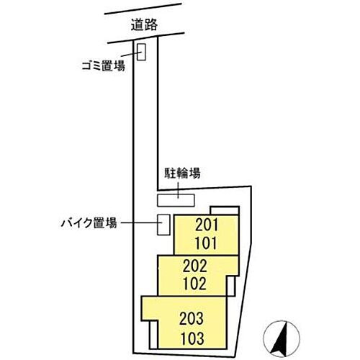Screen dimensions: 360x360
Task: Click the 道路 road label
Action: point(144,24)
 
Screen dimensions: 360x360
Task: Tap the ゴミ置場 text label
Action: point(104,66)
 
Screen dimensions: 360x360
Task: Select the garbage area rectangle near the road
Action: point(141,52)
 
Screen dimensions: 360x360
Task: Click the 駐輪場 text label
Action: point(182,173)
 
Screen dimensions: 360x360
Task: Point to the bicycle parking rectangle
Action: point(176,200)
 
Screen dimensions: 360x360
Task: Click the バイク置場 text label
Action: point(89,223)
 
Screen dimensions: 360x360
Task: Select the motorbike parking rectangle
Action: point(163,225)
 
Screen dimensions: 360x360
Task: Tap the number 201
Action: point(207,225)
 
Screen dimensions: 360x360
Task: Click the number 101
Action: point(207,243)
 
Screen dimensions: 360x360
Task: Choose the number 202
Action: point(194,266)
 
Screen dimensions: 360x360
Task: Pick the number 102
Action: point(194,284)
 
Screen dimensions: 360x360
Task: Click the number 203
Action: point(192,318)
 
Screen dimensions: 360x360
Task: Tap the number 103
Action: point(192,338)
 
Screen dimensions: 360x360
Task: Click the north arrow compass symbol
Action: point(282,338)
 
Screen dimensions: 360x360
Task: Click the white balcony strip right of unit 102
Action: point(231,286)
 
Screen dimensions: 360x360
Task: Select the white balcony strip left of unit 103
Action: point(153,335)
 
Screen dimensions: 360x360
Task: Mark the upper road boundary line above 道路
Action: point(143,9)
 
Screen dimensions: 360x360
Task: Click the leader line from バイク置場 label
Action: point(142,222)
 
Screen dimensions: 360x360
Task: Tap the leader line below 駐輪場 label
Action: point(178,190)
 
